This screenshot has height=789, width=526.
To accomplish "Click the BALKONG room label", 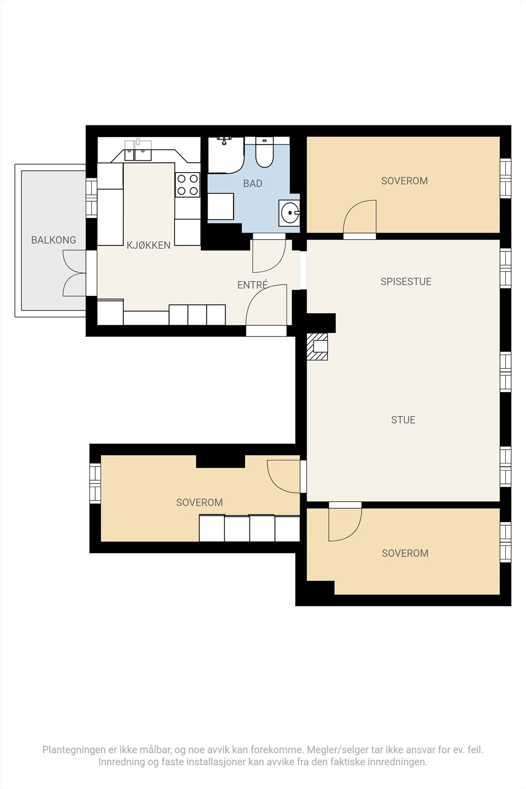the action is pos(54,240).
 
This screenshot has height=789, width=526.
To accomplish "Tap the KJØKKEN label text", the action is pos(148,245).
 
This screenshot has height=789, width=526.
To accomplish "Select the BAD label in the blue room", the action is pos(253,183).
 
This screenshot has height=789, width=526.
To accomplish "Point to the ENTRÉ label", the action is pos(252,285).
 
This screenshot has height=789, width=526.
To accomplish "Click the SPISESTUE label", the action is pos(406,282).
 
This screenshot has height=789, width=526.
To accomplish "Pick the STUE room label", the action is pos(403,420).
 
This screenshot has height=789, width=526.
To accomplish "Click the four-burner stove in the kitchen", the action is pos(188,184).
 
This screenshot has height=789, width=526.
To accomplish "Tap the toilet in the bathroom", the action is pos(264,152).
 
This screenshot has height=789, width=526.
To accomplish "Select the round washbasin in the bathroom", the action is pos(289,213).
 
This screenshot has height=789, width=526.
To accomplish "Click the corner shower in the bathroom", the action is pos(226,155).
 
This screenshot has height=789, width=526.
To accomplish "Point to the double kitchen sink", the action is pos(138,150).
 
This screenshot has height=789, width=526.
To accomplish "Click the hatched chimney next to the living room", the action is pos(317,347).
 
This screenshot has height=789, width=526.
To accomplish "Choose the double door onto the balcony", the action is pos(74,273).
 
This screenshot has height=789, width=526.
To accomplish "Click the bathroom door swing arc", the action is pos(269,256).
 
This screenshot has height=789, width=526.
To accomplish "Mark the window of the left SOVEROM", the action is pos(95,483).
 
